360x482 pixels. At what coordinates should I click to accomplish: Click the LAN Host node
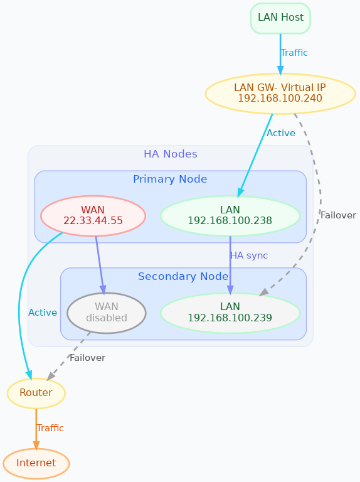pyautogui.click(x=280, y=18)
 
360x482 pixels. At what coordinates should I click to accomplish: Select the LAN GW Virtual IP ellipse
pyautogui.click(x=280, y=93)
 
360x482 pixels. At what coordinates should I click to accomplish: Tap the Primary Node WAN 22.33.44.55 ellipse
pyautogui.click(x=93, y=215)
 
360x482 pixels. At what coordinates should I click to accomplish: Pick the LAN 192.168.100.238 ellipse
pyautogui.click(x=230, y=215)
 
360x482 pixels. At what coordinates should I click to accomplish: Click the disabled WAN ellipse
pyautogui.click(x=106, y=312)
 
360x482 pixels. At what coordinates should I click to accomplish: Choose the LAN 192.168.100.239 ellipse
pyautogui.click(x=230, y=312)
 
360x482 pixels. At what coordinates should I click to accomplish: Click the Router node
pyautogui.click(x=36, y=393)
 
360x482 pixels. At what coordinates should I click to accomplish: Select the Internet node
pyautogui.click(x=36, y=463)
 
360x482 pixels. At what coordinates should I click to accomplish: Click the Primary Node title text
pyautogui.click(x=170, y=179)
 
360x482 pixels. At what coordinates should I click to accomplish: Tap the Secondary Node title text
pyautogui.click(x=183, y=277)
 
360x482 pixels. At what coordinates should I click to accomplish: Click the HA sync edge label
pyautogui.click(x=248, y=255)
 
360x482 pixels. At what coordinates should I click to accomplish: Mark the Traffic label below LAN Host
pyautogui.click(x=294, y=53)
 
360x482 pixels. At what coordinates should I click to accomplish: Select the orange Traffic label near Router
pyautogui.click(x=50, y=428)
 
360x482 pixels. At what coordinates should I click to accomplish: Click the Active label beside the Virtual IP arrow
pyautogui.click(x=280, y=133)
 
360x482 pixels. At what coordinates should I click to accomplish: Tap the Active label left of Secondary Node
pyautogui.click(x=43, y=313)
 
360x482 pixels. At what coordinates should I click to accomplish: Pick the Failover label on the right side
pyautogui.click(x=338, y=215)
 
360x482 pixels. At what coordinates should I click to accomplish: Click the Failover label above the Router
pyautogui.click(x=87, y=358)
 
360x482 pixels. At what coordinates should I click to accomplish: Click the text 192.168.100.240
pyautogui.click(x=280, y=99)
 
